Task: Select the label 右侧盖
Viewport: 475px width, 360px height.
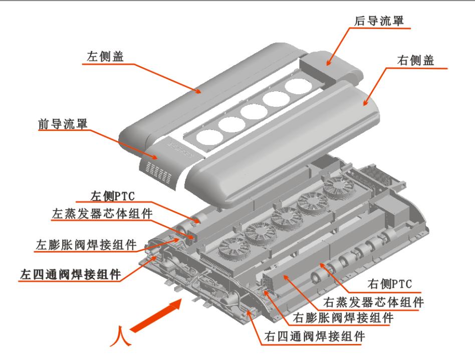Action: click(416, 61)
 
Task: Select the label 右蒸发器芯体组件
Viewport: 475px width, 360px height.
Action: click(373, 302)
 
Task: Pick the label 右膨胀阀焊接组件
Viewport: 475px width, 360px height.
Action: click(343, 318)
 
